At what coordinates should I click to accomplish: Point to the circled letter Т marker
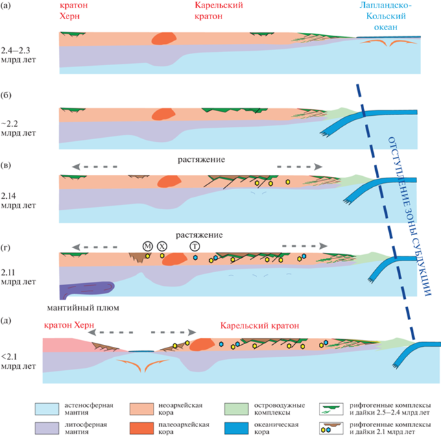click(x=195, y=246)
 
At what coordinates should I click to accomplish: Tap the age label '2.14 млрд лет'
click(x=18, y=200)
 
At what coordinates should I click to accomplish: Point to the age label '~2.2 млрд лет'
click(x=18, y=128)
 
